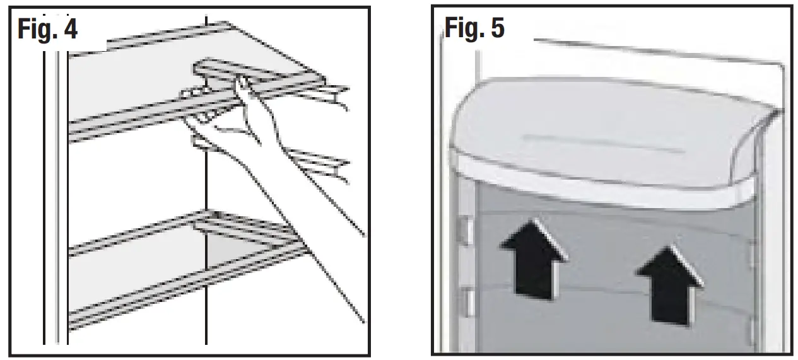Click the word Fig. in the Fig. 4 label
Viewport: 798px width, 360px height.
(x=35, y=29)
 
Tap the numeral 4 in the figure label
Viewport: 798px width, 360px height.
(x=70, y=29)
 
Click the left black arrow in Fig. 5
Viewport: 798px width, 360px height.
(x=534, y=258)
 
